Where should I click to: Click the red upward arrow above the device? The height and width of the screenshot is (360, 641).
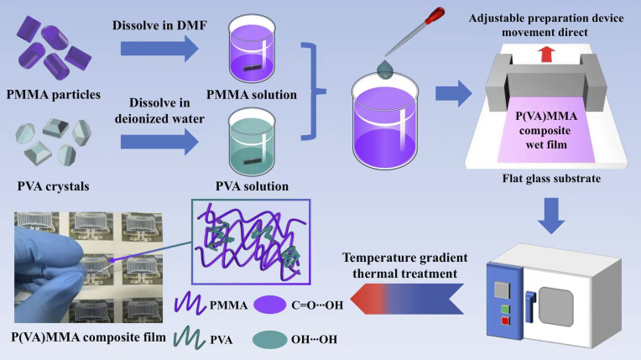tap(546, 54)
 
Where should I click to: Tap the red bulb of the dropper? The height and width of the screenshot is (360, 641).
tap(435, 16)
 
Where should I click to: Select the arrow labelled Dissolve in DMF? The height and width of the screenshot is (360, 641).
tap(159, 49)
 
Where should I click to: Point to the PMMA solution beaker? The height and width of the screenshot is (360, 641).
tap(253, 49)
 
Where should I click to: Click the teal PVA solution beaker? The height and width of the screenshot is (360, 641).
tap(253, 142)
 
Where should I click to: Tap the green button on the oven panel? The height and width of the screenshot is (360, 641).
tap(505, 310)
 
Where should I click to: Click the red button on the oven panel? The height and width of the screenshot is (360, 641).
tap(506, 321)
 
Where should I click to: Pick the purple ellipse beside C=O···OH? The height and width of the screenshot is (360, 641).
tap(269, 305)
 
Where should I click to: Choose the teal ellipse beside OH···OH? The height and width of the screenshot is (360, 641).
tap(269, 340)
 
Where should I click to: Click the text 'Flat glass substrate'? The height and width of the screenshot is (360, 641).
tap(551, 179)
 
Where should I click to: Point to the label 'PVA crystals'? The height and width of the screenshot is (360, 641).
tap(53, 186)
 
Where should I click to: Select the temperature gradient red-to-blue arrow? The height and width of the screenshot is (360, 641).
tap(407, 299)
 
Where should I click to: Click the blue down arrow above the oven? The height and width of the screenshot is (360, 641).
tap(551, 216)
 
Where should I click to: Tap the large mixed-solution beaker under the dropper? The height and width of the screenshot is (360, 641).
tap(384, 122)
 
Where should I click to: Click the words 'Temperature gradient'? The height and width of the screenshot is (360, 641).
tap(404, 258)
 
